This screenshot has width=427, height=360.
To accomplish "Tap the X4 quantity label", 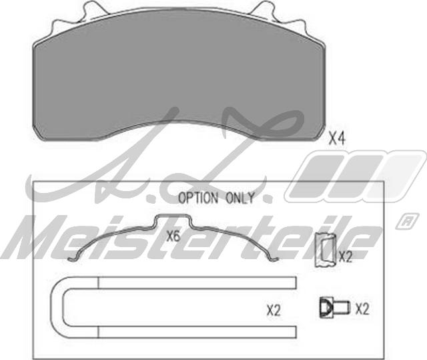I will (x=336, y=139).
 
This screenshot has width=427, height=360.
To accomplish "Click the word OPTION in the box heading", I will (x=197, y=198).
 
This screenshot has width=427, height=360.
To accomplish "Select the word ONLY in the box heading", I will (x=240, y=198).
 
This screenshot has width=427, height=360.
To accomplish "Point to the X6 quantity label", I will (x=173, y=235).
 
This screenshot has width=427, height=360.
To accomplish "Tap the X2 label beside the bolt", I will (x=362, y=309).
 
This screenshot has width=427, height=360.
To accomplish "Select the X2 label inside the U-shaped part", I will (x=274, y=310).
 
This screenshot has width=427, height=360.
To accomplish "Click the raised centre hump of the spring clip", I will (x=173, y=220).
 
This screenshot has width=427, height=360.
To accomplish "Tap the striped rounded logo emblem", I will (x=354, y=175).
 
